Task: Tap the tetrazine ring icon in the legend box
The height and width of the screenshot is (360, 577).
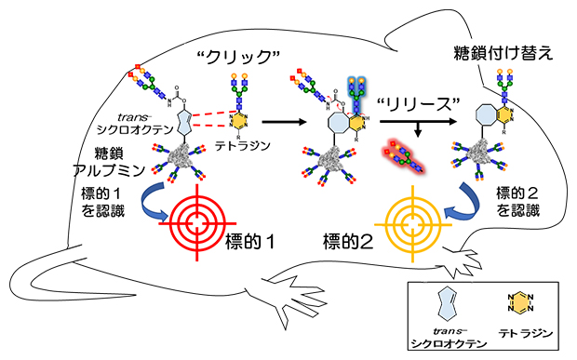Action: coord(520,303)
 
